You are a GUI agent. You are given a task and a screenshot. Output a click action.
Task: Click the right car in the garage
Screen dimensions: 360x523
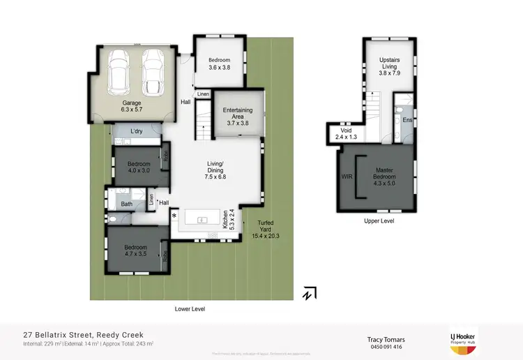[153, 72]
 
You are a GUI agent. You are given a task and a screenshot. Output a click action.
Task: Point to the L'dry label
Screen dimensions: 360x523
[136, 132]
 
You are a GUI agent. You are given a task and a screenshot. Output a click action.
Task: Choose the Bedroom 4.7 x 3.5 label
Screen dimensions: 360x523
[135, 250]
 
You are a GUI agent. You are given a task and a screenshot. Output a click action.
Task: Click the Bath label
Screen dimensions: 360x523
[126, 204]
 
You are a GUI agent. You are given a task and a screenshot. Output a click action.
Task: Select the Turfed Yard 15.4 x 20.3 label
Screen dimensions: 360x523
[263, 229]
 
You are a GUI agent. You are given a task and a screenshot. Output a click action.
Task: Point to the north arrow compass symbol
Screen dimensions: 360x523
[310, 294]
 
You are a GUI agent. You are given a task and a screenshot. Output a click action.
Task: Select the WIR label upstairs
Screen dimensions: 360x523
[347, 177]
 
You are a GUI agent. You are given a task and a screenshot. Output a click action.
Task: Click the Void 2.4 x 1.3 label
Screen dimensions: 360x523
[346, 134]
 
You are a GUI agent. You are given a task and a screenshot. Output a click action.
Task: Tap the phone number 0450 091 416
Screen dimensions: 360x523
[386, 347]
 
